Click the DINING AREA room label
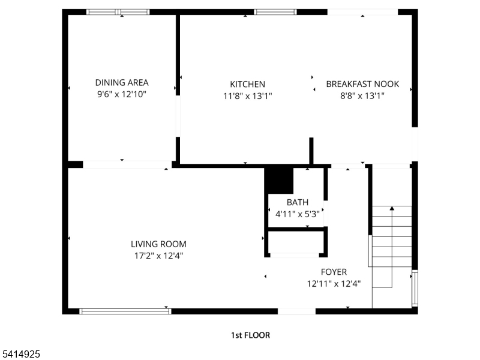click(x=122, y=83)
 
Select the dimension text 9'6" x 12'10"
click(x=122, y=94)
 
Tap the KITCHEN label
click(x=247, y=85)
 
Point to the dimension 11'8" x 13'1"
click(x=247, y=96)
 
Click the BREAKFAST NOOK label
click(x=362, y=85)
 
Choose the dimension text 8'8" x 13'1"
click(x=362, y=96)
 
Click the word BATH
click(x=297, y=202)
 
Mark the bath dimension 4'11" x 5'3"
click(x=297, y=213)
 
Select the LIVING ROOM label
click(x=158, y=244)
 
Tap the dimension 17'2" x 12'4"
click(x=158, y=256)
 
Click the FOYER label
click(x=334, y=272)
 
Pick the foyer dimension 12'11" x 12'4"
click(x=334, y=283)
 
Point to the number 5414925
click(x=21, y=355)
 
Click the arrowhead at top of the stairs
click(x=392, y=208)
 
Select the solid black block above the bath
click(x=279, y=181)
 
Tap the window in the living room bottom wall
click(x=125, y=311)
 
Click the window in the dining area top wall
click(x=118, y=11)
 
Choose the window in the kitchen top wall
click(x=275, y=11)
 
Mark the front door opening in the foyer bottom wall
click(x=296, y=311)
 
